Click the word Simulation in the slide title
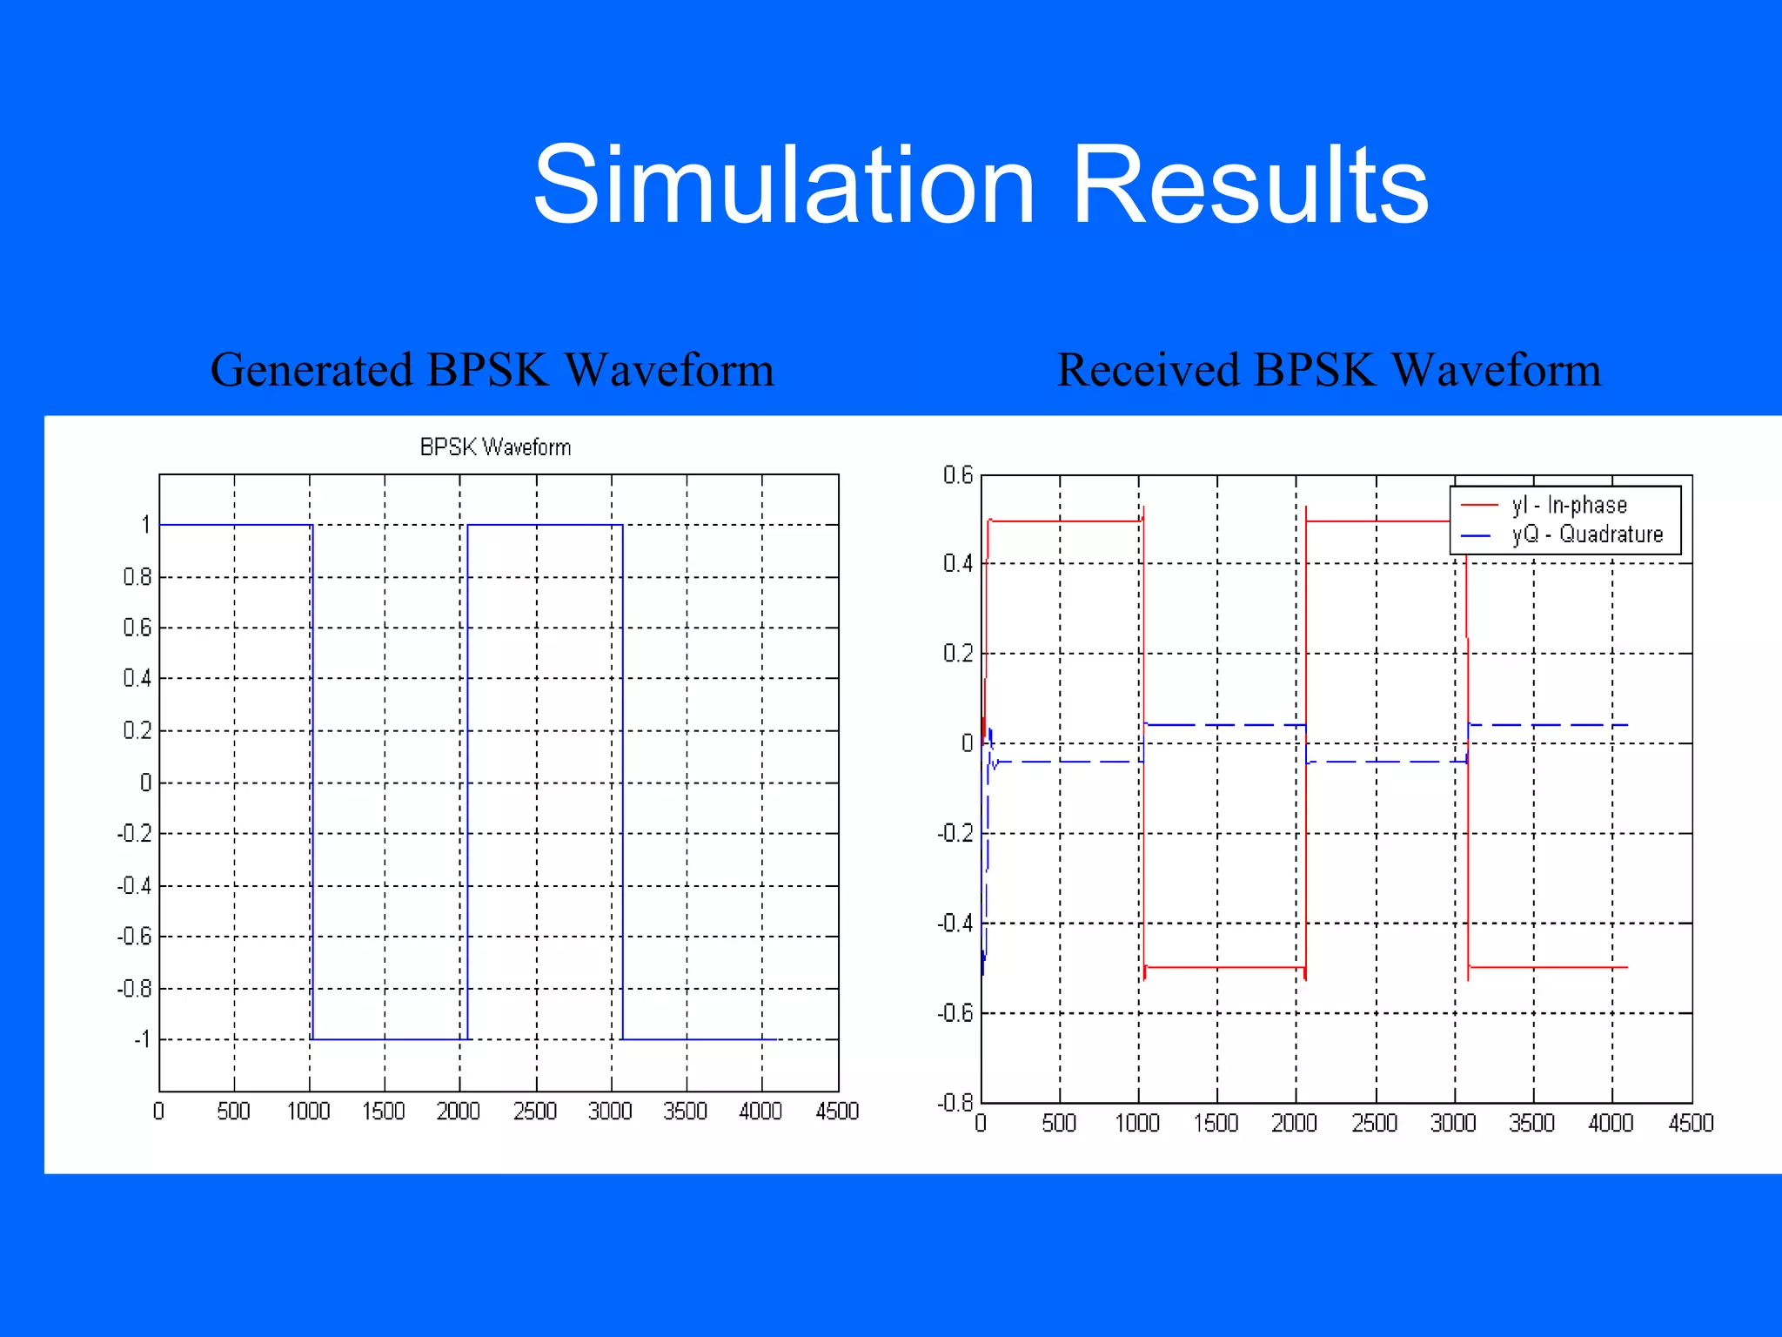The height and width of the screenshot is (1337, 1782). pyautogui.click(x=783, y=185)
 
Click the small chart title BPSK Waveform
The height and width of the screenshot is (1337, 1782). pyautogui.click(x=495, y=447)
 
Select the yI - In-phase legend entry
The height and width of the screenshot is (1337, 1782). pyautogui.click(x=1569, y=505)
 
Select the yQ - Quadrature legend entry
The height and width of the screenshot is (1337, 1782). pyautogui.click(x=1587, y=534)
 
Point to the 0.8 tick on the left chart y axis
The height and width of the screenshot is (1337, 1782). pyautogui.click(x=137, y=577)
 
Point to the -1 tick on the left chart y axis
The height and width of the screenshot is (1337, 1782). pyautogui.click(x=141, y=1039)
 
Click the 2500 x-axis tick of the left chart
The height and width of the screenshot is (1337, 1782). pyautogui.click(x=534, y=1112)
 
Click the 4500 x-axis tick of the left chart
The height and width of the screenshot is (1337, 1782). pyautogui.click(x=836, y=1112)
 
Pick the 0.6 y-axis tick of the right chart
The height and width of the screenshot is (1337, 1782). pyautogui.click(x=957, y=475)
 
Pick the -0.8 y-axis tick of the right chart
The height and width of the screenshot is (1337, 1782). pyautogui.click(x=955, y=1103)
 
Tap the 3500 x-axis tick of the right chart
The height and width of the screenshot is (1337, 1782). pyautogui.click(x=1531, y=1123)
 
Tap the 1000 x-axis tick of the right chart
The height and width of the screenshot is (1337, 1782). pyautogui.click(x=1137, y=1123)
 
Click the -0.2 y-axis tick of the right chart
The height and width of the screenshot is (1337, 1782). pyautogui.click(x=955, y=833)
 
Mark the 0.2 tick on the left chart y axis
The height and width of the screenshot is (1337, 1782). pyautogui.click(x=137, y=730)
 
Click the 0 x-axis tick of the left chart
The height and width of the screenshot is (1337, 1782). pyautogui.click(x=158, y=1112)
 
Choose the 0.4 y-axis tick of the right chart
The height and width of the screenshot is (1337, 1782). pyautogui.click(x=957, y=563)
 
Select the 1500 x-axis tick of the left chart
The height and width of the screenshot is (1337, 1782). pyautogui.click(x=383, y=1112)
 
